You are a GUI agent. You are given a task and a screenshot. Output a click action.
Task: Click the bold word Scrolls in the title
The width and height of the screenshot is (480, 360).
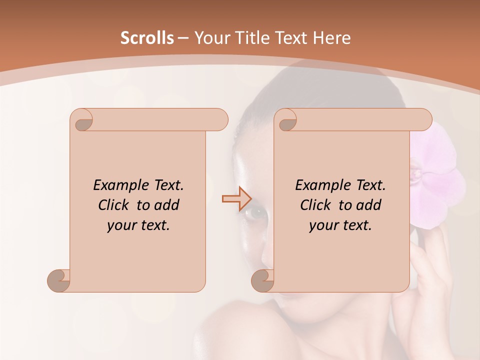(147, 38)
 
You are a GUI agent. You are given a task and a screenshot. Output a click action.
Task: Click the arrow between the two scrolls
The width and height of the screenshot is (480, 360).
(236, 198)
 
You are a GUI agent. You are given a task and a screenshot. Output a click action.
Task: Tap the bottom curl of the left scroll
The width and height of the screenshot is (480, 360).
(59, 281)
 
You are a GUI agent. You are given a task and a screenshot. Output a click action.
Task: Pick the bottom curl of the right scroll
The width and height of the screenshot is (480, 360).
(263, 281)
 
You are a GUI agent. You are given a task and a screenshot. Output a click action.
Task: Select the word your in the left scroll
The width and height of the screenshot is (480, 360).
(121, 225)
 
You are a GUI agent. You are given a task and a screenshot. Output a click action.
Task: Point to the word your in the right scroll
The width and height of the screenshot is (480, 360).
(323, 225)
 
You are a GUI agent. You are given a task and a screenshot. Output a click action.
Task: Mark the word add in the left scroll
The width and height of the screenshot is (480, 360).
(166, 205)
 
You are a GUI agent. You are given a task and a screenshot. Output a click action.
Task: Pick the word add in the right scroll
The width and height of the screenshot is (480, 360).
(368, 205)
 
